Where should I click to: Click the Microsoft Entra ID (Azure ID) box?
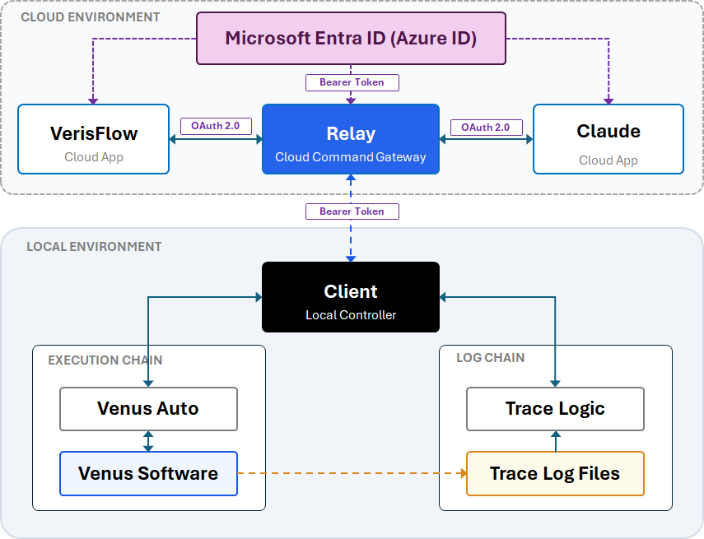click(x=351, y=38)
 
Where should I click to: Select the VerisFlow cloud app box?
click(x=93, y=139)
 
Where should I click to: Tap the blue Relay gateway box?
click(x=351, y=139)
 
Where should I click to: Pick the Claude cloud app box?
click(x=608, y=139)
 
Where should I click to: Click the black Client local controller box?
click(x=351, y=297)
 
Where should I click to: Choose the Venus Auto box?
click(x=148, y=409)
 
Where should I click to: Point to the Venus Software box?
click(x=148, y=473)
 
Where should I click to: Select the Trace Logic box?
click(x=556, y=409)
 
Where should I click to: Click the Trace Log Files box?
click(x=556, y=473)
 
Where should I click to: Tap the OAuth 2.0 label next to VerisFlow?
click(x=216, y=126)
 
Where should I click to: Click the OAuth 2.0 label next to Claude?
click(x=487, y=128)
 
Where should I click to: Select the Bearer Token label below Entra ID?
click(x=352, y=82)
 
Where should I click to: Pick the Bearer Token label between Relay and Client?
click(x=352, y=211)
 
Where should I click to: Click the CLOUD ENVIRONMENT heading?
click(x=91, y=17)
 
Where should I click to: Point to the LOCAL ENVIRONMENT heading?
click(x=94, y=247)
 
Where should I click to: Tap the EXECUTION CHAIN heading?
click(x=105, y=360)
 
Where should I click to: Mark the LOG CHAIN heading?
click(x=490, y=358)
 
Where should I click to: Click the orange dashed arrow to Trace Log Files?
click(x=352, y=473)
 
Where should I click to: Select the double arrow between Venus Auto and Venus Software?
click(x=148, y=441)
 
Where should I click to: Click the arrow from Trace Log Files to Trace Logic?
click(x=556, y=441)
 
